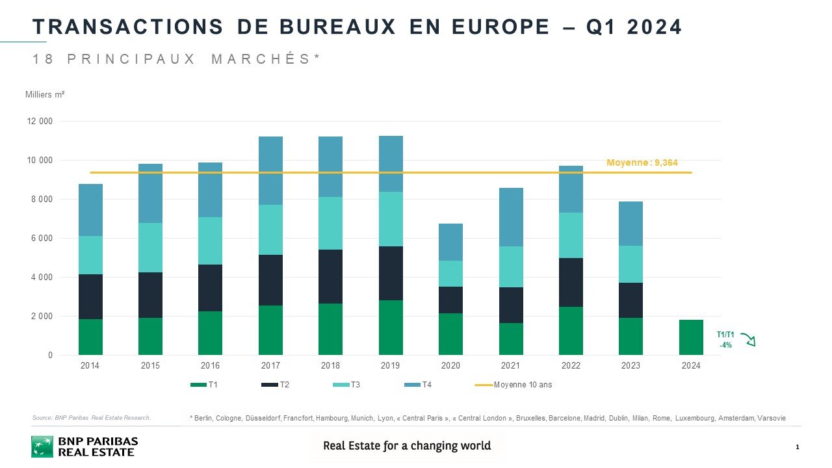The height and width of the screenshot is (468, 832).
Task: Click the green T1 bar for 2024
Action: coord(691,337)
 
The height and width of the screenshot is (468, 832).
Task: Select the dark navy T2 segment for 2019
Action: coord(391,273)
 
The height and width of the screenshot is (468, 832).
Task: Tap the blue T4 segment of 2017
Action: coord(270,170)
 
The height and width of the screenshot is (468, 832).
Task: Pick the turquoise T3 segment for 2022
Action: coord(571,235)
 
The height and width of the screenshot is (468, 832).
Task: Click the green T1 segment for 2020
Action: coord(450,334)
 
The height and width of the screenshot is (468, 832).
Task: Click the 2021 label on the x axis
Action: coord(510,366)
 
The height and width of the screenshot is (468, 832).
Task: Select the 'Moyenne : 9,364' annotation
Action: coord(642,162)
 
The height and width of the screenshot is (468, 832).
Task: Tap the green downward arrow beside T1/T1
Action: coord(747,339)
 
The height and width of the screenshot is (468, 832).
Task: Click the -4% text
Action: coord(725,345)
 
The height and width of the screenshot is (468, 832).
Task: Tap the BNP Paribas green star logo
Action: coord(42,447)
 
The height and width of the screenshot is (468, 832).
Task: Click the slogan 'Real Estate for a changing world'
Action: coord(407,446)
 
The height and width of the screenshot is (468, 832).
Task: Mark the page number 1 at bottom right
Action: coord(797,447)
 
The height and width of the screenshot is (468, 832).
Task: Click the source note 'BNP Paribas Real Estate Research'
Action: coord(91,418)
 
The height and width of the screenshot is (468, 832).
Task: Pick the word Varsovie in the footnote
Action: coord(772,418)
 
